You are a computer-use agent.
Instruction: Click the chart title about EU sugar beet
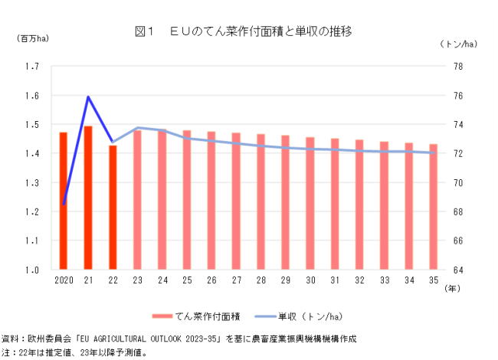click(x=243, y=31)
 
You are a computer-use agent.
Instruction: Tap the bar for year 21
click(x=88, y=198)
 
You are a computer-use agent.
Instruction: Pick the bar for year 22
click(x=113, y=208)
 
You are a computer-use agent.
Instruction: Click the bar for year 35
click(x=433, y=207)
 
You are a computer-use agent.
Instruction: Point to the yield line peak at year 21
click(x=88, y=97)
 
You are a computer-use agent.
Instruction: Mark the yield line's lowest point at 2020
click(x=64, y=204)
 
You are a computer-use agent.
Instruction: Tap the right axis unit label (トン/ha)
click(x=458, y=44)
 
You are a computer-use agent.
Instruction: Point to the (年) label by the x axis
click(x=452, y=289)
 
